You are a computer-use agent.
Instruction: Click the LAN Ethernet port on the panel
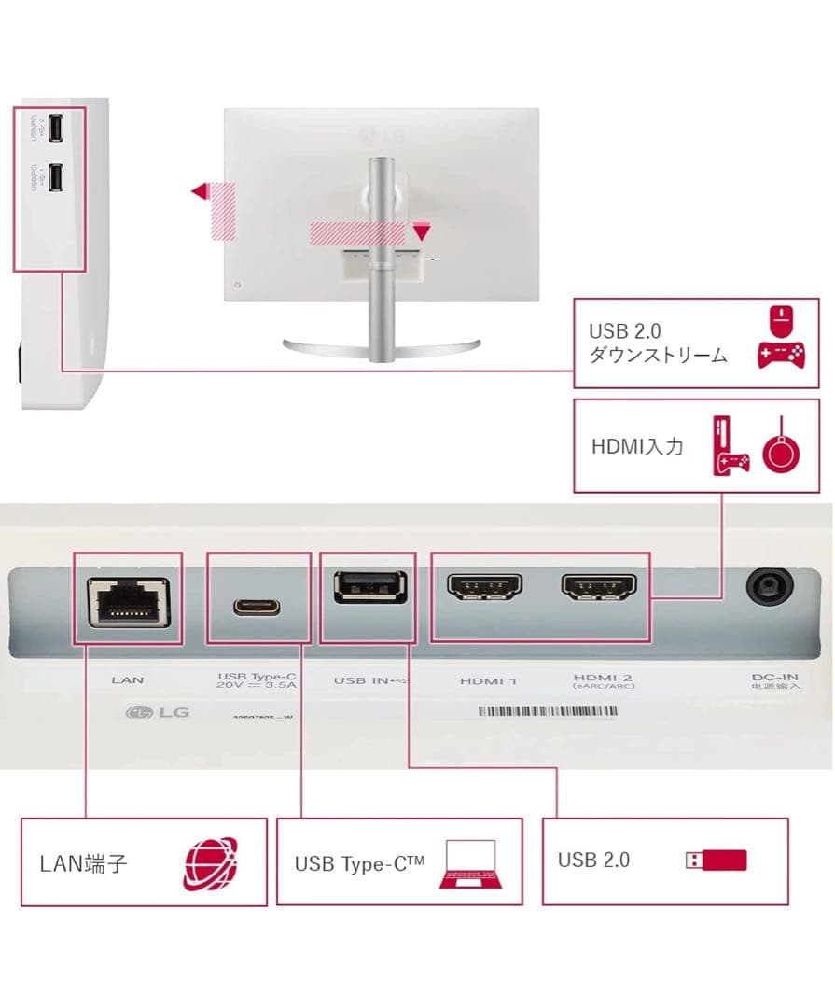(x=128, y=600)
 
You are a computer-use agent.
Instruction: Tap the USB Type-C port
(x=258, y=605)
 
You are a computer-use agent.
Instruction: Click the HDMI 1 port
(x=485, y=587)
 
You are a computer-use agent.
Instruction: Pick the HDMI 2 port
(x=598, y=587)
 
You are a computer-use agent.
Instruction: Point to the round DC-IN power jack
(x=769, y=589)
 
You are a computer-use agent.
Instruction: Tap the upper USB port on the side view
(x=57, y=129)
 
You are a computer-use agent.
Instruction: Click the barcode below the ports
(x=548, y=711)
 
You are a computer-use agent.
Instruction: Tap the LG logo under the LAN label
(x=158, y=713)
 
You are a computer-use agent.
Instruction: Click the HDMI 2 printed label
(x=597, y=678)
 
